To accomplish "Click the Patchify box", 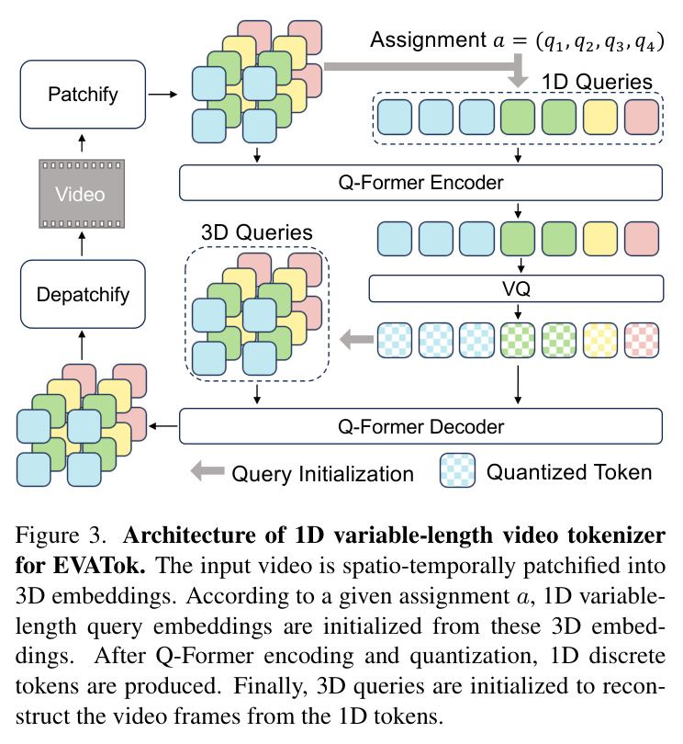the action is (x=83, y=95).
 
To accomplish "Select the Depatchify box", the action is (x=83, y=294).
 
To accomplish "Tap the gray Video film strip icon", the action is (x=82, y=194).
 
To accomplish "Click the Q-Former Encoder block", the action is (x=420, y=183).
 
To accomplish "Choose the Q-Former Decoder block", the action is (x=420, y=426).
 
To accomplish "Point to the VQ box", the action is (x=516, y=288).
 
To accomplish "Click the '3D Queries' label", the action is (x=257, y=232).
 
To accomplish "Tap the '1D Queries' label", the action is (x=597, y=82).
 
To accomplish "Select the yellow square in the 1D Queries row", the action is (x=600, y=118).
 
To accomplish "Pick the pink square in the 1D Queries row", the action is (x=642, y=118).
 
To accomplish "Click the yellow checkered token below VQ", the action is (x=600, y=340).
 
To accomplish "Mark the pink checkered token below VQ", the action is (x=642, y=340).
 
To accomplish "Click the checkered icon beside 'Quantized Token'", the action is (x=457, y=470).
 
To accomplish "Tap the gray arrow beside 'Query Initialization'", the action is (x=207, y=470).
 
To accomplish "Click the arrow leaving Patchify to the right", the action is (x=162, y=95).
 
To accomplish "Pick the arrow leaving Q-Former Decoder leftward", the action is (x=163, y=426).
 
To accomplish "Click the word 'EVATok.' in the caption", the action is (x=99, y=565).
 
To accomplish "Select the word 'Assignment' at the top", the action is (x=429, y=39).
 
